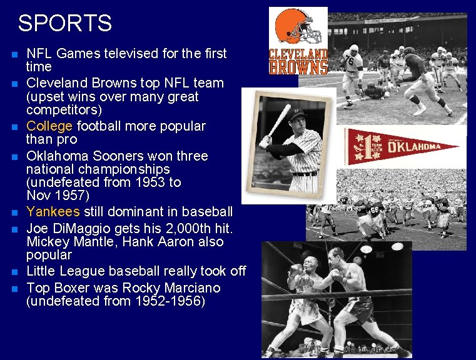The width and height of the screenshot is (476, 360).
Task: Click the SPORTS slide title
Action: (x=65, y=23)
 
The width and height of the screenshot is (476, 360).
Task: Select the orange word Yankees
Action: (x=53, y=212)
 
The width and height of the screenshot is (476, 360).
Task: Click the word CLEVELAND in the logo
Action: (x=298, y=53)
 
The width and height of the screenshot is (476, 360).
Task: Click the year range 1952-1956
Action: (x=165, y=301)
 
